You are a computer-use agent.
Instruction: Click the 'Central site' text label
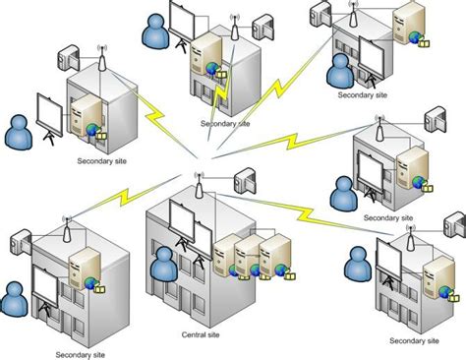tap(203, 334)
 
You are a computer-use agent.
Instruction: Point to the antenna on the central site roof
tap(198, 185)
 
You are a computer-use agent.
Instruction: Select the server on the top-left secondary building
tap(84, 114)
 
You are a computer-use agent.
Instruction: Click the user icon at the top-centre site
tap(154, 32)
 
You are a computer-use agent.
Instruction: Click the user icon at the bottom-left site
tap(15, 297)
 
